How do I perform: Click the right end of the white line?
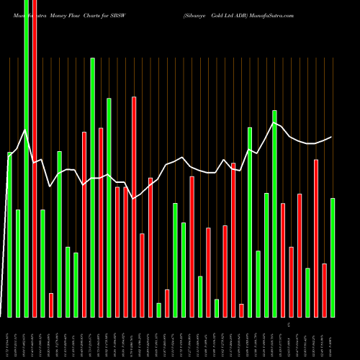332,137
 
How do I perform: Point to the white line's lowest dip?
134,197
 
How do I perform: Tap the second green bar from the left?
18,263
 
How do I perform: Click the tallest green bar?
26,158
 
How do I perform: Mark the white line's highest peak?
274,123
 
